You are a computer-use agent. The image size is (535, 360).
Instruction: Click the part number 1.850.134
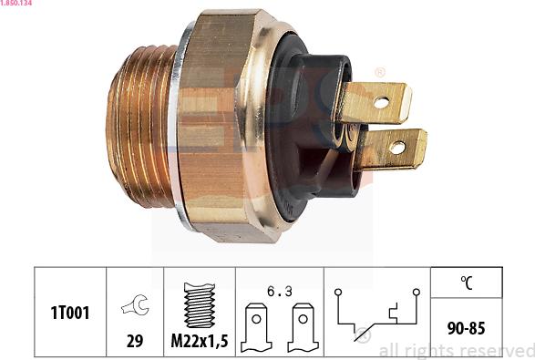17,4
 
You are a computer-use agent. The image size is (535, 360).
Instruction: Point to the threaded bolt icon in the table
199,303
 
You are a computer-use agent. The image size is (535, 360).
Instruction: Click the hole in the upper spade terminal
381,102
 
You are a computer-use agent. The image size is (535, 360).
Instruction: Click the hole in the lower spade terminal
397,147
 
